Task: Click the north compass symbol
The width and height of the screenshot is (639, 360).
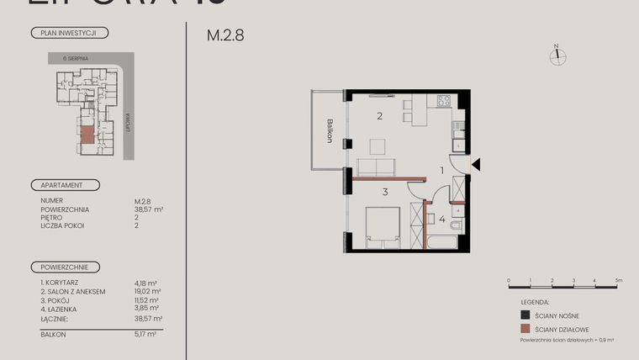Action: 556,56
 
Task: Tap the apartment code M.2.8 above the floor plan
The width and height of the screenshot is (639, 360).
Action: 225,36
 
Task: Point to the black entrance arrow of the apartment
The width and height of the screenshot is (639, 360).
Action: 476,166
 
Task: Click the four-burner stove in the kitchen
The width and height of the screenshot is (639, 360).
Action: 442,102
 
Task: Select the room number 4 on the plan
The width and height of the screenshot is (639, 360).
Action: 442,220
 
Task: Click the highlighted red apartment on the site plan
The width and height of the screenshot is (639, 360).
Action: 87,135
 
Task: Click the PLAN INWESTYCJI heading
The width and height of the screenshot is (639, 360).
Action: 68,33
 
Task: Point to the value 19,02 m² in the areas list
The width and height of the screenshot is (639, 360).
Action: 148,291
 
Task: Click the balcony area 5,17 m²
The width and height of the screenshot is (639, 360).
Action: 148,334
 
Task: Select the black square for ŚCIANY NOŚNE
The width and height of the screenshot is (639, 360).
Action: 525,315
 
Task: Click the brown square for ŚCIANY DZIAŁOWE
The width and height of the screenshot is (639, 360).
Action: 525,329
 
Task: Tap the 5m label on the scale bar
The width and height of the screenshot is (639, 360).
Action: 616,279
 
